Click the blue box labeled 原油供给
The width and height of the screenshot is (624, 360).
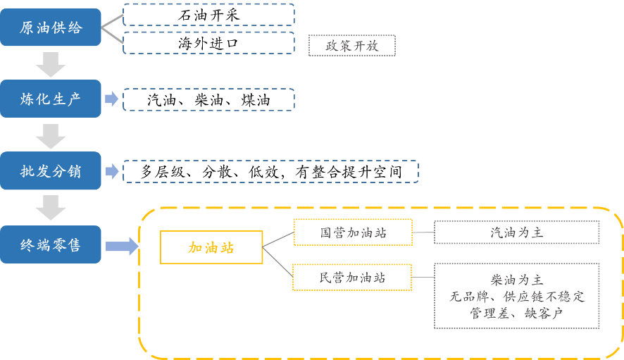pyautogui.click(x=51, y=27)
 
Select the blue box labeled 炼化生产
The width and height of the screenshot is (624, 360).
pyautogui.click(x=51, y=99)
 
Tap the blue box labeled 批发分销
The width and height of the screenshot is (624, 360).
pyautogui.click(x=51, y=171)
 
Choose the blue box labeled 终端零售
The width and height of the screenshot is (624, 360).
pyautogui.click(x=51, y=244)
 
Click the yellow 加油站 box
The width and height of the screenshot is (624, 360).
pyautogui.click(x=211, y=247)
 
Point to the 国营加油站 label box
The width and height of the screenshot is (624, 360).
pyautogui.click(x=353, y=232)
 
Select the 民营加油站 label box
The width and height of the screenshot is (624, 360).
pyautogui.click(x=352, y=278)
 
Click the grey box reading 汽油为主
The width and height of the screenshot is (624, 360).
pyautogui.click(x=516, y=232)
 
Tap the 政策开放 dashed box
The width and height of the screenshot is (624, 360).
pyautogui.click(x=352, y=46)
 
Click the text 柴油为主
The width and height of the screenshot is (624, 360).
pyautogui.click(x=516, y=280)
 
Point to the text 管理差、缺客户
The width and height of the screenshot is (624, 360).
pyautogui.click(x=516, y=314)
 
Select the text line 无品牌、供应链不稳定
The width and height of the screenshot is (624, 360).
pyautogui.click(x=516, y=297)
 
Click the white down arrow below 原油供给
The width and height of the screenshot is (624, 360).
pyautogui.click(x=51, y=64)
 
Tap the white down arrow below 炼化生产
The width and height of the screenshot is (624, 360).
pyautogui.click(x=51, y=136)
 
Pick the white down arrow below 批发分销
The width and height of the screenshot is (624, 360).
pyautogui.click(x=51, y=207)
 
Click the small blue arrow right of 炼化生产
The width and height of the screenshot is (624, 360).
pyautogui.click(x=111, y=99)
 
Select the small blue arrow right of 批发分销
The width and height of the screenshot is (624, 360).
pyautogui.click(x=111, y=171)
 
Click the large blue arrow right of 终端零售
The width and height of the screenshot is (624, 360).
pyautogui.click(x=122, y=246)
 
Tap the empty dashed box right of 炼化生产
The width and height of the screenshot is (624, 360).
pyautogui.click(x=208, y=99)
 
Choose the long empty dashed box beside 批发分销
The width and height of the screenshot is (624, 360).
pyautogui.click(x=270, y=171)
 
